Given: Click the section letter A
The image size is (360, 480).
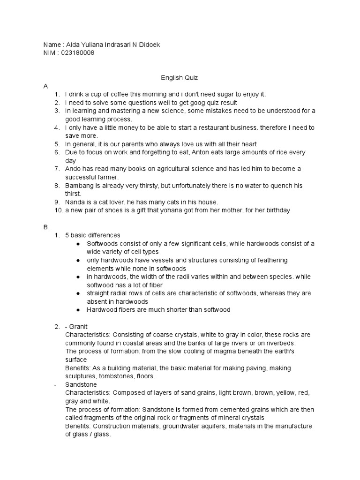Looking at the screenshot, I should pos(45,86).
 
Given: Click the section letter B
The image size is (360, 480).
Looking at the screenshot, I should pos(46,227).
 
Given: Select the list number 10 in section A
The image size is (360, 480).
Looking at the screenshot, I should pos(59,210).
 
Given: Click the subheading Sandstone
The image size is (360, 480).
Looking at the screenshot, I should pos(81,384).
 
